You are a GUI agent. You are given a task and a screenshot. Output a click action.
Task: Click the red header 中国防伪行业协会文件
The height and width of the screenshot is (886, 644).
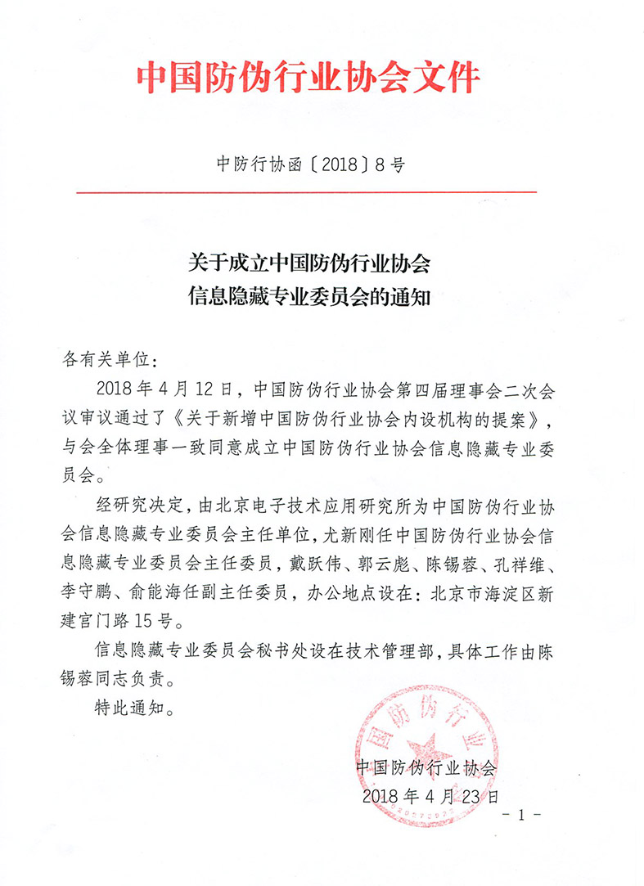pyautogui.click(x=308, y=80)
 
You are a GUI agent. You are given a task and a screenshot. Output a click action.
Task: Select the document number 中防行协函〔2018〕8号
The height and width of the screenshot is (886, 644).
pyautogui.click(x=310, y=164)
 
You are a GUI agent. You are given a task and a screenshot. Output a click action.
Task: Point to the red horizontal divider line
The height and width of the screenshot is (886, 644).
pyautogui.click(x=307, y=192)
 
